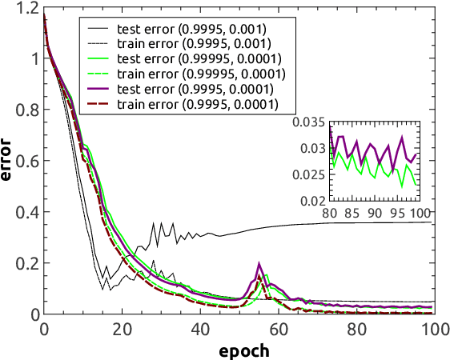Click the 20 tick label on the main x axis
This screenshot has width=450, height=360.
point(122,330)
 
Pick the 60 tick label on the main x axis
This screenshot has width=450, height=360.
point(277,330)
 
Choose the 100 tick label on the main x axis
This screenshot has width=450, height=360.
point(432,330)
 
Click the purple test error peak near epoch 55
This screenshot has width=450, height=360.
point(259,263)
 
